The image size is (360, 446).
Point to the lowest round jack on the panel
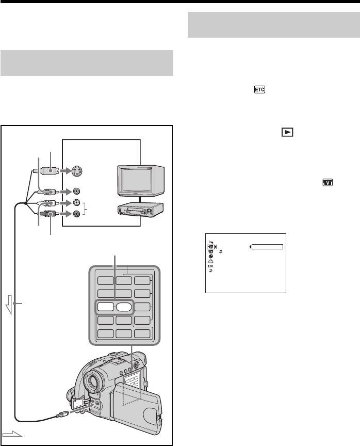point(77,214)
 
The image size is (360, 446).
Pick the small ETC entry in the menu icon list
point(211,266)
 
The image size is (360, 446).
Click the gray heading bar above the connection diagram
point(87,62)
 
